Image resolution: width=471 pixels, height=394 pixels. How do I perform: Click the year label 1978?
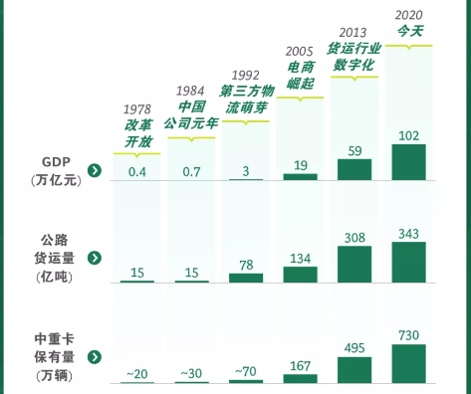[x=138, y=108]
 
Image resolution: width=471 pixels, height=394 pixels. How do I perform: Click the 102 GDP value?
[x=408, y=135]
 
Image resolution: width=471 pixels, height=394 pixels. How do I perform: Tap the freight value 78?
[x=246, y=265]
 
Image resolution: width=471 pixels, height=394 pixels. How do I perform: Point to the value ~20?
[x=138, y=374]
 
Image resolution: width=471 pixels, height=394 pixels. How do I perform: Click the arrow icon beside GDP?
[x=94, y=170]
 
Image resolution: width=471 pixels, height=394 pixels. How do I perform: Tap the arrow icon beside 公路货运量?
[x=94, y=258]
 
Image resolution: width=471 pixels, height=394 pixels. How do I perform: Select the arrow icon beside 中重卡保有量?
[x=94, y=356]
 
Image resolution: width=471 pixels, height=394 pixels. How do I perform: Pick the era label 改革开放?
[x=138, y=133]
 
